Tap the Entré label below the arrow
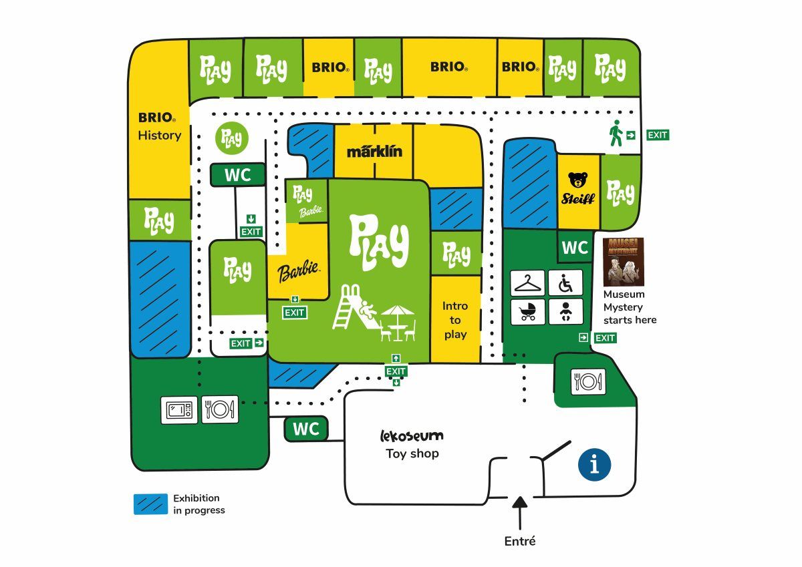520,541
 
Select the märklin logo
374,151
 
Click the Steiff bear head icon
577,180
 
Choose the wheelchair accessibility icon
565,282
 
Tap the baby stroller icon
529,311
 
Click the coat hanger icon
529,282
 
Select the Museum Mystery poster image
623,261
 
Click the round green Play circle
233,138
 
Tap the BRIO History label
159,127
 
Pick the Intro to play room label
455,320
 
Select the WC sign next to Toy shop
307,429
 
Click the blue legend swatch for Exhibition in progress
150,504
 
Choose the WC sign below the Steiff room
575,248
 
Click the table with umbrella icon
398,321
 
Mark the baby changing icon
565,311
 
